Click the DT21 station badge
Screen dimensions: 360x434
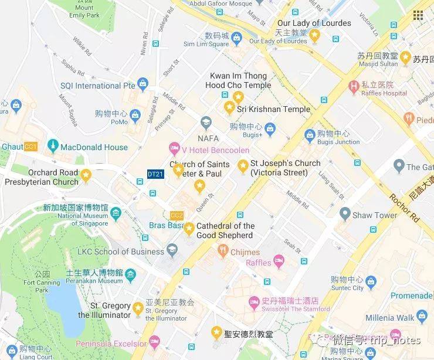click(x=155, y=174)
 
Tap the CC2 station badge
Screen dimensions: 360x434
click(x=177, y=215)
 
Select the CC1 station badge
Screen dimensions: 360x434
click(x=31, y=146)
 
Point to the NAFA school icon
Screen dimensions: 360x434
click(x=205, y=123)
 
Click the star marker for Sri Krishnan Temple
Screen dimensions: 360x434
click(x=229, y=107)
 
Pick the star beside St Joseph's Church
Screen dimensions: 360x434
click(x=243, y=168)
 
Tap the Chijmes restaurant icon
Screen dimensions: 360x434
click(x=222, y=252)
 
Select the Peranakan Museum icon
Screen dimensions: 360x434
click(x=130, y=274)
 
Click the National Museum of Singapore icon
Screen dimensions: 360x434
click(x=116, y=212)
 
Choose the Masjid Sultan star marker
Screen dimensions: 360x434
click(x=405, y=57)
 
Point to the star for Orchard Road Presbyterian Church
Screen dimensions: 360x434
click(x=86, y=174)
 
